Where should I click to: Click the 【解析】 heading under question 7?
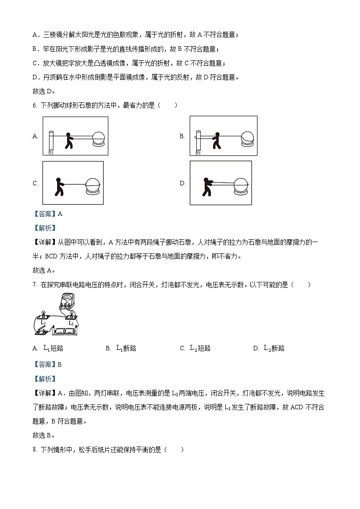(44, 378)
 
